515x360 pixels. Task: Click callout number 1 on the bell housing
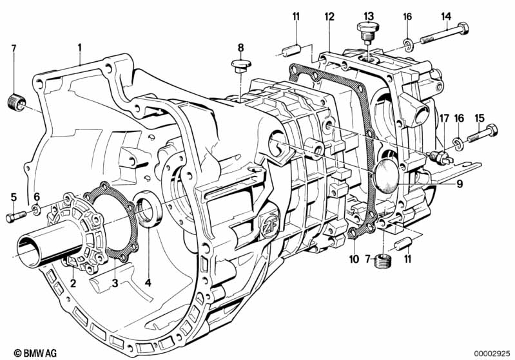80,46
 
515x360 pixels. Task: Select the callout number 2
73,283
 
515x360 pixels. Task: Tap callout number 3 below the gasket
115,283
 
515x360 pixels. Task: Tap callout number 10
352,259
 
